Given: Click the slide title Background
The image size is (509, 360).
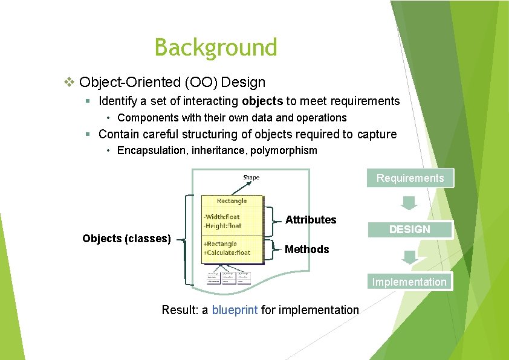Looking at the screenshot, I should (216, 47).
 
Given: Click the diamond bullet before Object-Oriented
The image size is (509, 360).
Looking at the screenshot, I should (70, 82).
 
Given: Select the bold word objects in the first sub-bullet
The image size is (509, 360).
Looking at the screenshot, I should (262, 101).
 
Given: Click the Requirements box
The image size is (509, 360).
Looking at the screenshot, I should (410, 178).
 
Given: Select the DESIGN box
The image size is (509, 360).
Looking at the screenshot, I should (409, 230).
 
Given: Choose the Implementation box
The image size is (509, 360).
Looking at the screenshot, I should (409, 282).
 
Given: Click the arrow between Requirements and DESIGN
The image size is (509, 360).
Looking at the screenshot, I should (409, 202).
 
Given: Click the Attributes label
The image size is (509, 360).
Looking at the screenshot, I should (311, 220).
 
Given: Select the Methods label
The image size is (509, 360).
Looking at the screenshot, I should (306, 249).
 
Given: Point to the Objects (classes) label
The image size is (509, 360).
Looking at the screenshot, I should (126, 239).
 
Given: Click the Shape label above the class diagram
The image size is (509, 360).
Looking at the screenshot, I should (251, 178).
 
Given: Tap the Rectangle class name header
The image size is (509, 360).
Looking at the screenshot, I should (232, 201).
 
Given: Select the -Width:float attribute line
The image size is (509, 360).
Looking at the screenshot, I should (222, 217).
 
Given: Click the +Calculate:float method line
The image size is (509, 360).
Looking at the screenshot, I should (227, 252).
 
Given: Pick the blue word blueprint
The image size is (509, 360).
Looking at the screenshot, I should (235, 310).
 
